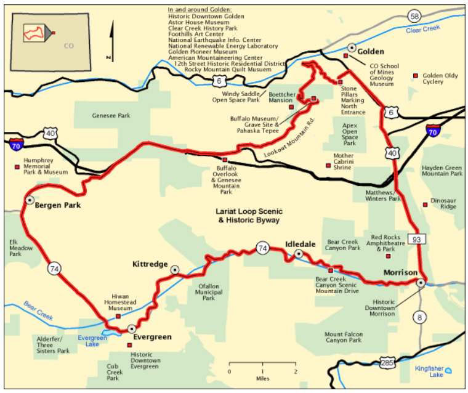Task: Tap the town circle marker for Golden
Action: click(x=352, y=47)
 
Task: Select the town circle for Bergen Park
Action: click(x=29, y=200)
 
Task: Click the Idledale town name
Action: click(x=301, y=244)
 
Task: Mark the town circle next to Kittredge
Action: click(x=174, y=269)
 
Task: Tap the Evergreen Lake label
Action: click(x=92, y=341)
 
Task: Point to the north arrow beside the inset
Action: click(x=112, y=40)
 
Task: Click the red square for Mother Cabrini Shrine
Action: click(x=328, y=164)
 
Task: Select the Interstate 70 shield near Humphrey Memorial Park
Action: click(x=16, y=145)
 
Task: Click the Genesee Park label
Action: click(x=111, y=115)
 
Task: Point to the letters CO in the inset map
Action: click(x=69, y=46)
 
